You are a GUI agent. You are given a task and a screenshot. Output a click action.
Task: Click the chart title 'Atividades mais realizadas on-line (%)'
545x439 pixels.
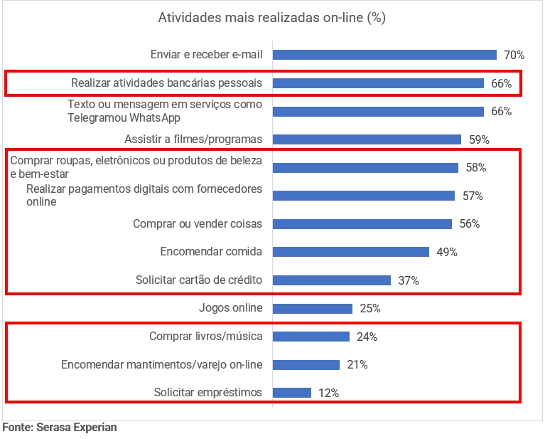click(271, 18)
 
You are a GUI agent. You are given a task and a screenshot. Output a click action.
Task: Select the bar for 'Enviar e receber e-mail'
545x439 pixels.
click(384, 55)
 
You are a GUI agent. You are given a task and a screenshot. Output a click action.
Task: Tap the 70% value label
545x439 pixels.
click(514, 55)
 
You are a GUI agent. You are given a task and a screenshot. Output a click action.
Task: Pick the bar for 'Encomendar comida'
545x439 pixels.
click(351, 252)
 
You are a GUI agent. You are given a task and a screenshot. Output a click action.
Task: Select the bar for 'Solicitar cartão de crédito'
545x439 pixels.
click(332, 280)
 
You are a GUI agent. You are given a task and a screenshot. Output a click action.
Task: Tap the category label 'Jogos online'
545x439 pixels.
click(231, 308)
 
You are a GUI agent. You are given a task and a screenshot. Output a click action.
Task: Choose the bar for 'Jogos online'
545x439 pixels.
click(313, 309)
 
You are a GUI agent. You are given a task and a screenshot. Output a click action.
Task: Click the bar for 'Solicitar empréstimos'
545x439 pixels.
click(292, 393)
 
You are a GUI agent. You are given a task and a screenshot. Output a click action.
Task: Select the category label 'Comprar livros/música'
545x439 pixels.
click(206, 337)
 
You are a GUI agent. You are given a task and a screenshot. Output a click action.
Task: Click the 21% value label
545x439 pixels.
click(357, 365)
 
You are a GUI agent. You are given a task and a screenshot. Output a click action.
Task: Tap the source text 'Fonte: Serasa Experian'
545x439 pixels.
click(60, 428)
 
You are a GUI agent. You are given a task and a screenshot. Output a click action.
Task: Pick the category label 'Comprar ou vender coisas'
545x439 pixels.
click(198, 223)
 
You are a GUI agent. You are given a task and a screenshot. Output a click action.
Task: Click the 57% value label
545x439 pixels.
click(473, 196)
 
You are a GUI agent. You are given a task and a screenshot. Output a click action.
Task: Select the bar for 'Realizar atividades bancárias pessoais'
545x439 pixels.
click(378, 83)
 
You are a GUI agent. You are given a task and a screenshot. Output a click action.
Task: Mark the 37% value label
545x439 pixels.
click(409, 280)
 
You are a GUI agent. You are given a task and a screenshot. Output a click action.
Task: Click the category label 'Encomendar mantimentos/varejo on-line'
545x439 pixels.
click(162, 365)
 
